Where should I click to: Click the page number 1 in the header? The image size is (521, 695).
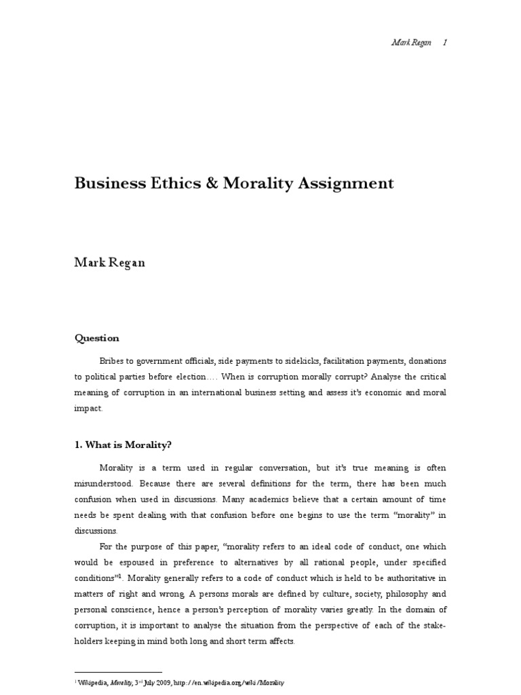pos(444,42)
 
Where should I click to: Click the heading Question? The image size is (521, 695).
pos(96,338)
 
